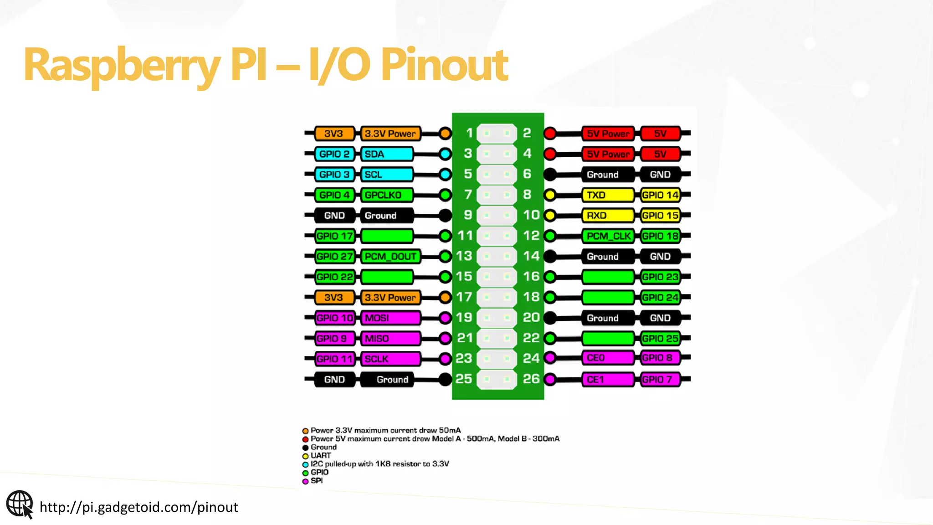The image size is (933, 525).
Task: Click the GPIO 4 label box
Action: [x=334, y=195]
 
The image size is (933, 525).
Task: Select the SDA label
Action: [x=386, y=154]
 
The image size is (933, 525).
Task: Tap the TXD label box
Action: [x=607, y=195]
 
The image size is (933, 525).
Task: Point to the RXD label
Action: [x=607, y=216]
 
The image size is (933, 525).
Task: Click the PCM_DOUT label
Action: [x=390, y=257]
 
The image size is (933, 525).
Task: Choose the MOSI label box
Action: [x=390, y=318]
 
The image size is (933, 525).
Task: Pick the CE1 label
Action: [x=607, y=379]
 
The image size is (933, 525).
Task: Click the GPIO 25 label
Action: [x=660, y=339]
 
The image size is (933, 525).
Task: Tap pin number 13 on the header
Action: [x=464, y=256]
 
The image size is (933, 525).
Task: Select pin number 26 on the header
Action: [x=531, y=379]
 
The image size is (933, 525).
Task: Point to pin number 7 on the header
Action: [x=468, y=195]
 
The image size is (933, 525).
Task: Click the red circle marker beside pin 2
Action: [x=550, y=134]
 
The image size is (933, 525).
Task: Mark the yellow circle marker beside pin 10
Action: [x=550, y=215]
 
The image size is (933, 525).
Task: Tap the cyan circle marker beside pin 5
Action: [x=445, y=174]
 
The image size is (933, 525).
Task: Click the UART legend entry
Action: [x=320, y=455]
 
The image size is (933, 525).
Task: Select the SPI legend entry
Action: [x=316, y=481]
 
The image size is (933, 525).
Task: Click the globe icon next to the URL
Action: [x=20, y=505]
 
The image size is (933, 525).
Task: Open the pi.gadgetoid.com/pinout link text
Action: [x=138, y=507]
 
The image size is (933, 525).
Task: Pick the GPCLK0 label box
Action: [x=386, y=195]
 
